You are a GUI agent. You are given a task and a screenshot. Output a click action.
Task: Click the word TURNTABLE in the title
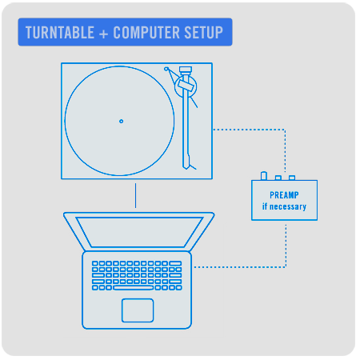coord(60,33)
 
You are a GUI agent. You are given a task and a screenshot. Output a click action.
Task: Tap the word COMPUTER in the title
coord(146,33)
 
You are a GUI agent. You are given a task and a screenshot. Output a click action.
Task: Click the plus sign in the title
coord(103,34)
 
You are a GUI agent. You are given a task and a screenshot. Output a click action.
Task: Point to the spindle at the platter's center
coord(121,122)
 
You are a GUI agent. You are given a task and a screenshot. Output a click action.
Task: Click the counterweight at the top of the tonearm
coord(186,70)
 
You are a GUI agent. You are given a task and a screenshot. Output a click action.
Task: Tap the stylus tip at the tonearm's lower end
coord(186,167)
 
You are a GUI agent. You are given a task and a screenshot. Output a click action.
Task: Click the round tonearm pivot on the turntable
coord(186,86)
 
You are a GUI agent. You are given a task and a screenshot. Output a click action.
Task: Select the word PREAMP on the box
coord(284,195)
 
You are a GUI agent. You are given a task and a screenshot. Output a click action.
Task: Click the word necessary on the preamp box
coord(288,206)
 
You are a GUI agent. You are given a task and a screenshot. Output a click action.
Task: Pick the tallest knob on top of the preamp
coord(264,176)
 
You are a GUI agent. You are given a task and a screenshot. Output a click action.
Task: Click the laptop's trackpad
coord(138,310)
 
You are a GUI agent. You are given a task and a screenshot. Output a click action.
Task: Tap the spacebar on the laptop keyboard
coord(133,288)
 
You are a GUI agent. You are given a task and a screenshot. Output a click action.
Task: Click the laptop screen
coord(139,232)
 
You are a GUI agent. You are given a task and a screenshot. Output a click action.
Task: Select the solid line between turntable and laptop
coord(135,195)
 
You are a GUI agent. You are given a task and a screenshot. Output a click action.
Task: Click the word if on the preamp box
coord(265,206)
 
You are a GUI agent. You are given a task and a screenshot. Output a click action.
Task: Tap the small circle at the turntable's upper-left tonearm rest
coord(166,69)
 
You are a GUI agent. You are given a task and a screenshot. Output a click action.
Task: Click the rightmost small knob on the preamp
coord(292,178)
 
